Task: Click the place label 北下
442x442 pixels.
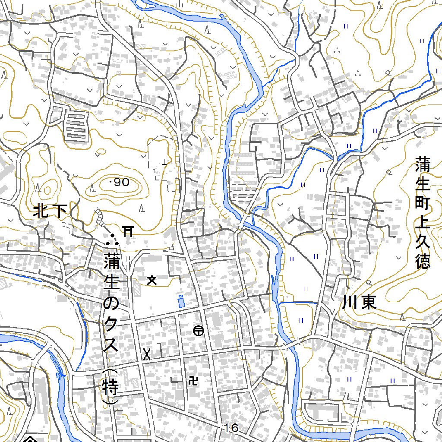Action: tap(51, 212)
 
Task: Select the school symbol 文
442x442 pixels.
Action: tap(152, 281)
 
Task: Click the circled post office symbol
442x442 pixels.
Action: tap(199, 331)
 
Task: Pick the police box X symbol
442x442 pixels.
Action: tap(147, 354)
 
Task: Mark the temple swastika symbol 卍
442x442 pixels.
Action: tap(193, 380)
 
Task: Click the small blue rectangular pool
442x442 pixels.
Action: tap(181, 301)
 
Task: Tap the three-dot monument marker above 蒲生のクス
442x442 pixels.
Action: tap(113, 239)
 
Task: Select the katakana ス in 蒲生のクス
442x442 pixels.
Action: tap(111, 345)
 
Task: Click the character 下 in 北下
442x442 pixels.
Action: tap(60, 212)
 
